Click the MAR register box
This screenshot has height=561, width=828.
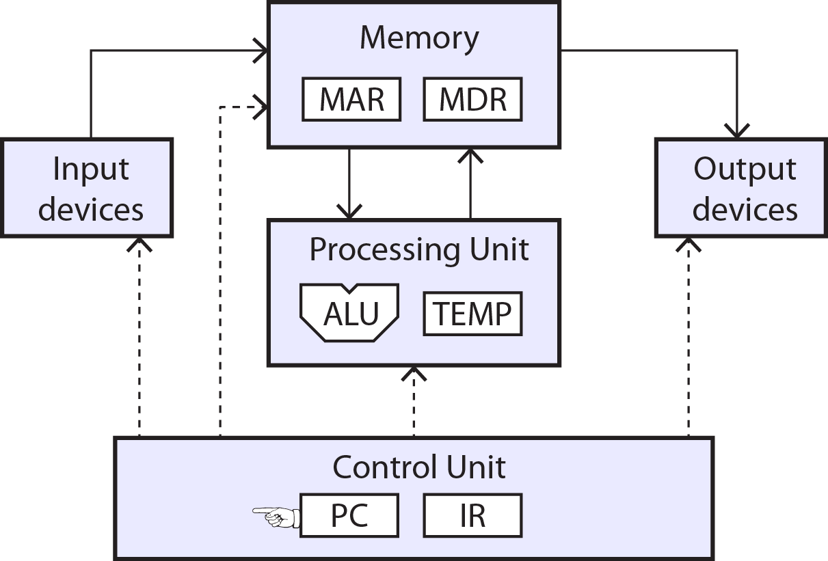click(x=351, y=99)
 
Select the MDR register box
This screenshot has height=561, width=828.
click(x=472, y=99)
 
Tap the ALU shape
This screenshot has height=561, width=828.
click(x=349, y=313)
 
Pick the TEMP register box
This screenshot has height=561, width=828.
click(x=472, y=314)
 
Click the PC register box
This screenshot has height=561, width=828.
click(x=349, y=515)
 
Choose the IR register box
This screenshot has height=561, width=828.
click(x=472, y=515)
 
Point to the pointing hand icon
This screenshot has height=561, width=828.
click(x=276, y=517)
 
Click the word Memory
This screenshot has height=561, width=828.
click(x=419, y=39)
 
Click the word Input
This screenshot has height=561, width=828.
click(x=91, y=170)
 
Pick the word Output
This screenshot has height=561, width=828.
click(x=745, y=170)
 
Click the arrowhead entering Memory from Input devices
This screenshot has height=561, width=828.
click(x=261, y=51)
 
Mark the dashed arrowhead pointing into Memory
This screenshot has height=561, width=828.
click(x=261, y=107)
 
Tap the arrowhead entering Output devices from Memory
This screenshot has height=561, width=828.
click(x=737, y=131)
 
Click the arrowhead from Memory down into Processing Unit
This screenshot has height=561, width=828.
click(x=349, y=212)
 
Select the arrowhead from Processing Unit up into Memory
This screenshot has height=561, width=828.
click(x=470, y=156)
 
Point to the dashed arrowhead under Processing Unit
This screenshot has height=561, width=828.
click(x=414, y=374)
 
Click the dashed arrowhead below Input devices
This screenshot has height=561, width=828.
click(x=139, y=245)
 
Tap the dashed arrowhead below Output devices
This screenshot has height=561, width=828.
click(x=689, y=245)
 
